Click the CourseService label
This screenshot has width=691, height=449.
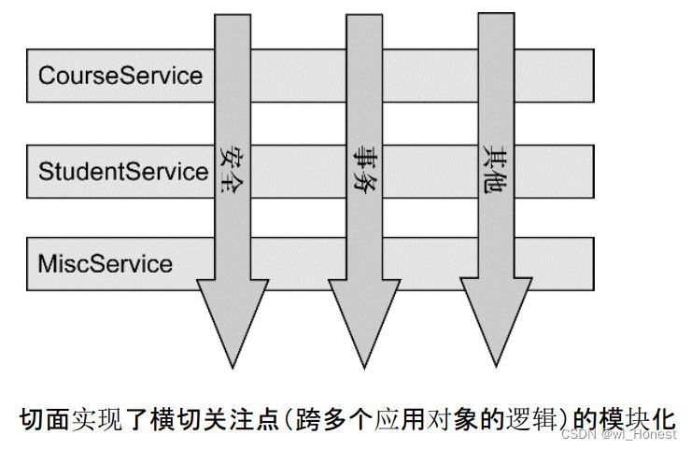coord(120,76)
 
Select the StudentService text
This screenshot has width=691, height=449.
coord(123,171)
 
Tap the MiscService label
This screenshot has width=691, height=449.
coord(106,264)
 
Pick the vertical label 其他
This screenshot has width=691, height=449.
coord(495,168)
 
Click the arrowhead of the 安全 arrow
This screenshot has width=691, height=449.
coord(233,323)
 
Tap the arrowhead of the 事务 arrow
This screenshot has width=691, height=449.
coord(364,323)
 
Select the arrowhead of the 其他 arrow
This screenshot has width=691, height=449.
coord(496,322)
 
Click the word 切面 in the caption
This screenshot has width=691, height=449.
coord(44,419)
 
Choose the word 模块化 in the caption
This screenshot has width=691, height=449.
coord(637,419)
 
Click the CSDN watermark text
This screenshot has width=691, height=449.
coord(618,434)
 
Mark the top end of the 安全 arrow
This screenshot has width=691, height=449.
coord(233,15)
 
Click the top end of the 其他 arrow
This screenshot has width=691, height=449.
coord(496,13)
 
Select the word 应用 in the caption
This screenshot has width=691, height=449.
coord(400,419)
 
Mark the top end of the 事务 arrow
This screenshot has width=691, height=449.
coord(364,15)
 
